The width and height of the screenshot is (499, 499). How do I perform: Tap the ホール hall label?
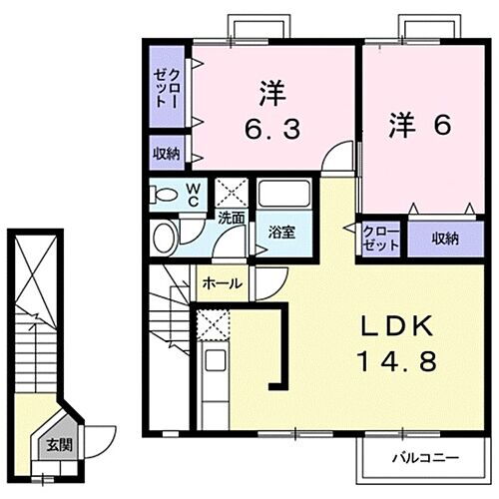[222, 283]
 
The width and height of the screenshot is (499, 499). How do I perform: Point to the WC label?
[196, 192]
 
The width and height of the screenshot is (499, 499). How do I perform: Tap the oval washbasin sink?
[164, 236]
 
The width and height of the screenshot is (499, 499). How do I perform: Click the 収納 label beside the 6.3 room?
[167, 153]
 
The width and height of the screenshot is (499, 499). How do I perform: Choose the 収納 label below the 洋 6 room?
[445, 239]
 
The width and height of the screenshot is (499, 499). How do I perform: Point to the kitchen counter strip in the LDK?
[212, 384]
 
